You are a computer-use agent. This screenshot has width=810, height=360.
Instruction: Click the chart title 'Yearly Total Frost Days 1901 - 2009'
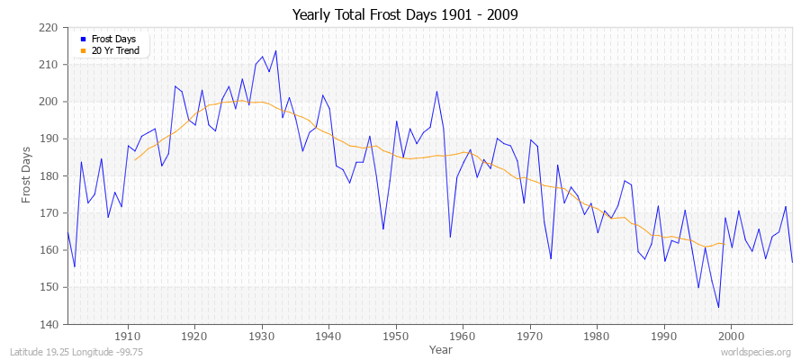pyautogui.click(x=405, y=15)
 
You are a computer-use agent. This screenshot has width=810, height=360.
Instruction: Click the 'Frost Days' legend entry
pyautogui.click(x=110, y=40)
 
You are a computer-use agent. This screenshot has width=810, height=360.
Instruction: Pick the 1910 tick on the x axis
pyautogui.click(x=128, y=336)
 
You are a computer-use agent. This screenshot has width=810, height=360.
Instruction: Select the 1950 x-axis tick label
pyautogui.click(x=396, y=336)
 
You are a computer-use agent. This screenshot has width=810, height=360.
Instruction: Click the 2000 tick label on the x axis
pyautogui.click(x=731, y=336)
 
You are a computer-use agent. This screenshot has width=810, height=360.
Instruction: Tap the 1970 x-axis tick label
pyautogui.click(x=530, y=336)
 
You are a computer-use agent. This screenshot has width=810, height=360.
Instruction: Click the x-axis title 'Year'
pyautogui.click(x=441, y=348)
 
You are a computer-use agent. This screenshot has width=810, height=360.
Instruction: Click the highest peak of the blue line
pyautogui.click(x=275, y=50)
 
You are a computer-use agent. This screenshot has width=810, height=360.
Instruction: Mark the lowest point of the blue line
pyautogui.click(x=718, y=308)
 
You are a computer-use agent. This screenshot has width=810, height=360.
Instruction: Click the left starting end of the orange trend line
pyautogui.click(x=135, y=159)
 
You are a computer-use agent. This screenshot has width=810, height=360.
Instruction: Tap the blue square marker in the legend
pyautogui.click(x=83, y=40)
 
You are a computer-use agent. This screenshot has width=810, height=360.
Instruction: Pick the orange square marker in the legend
pyautogui.click(x=83, y=50)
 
